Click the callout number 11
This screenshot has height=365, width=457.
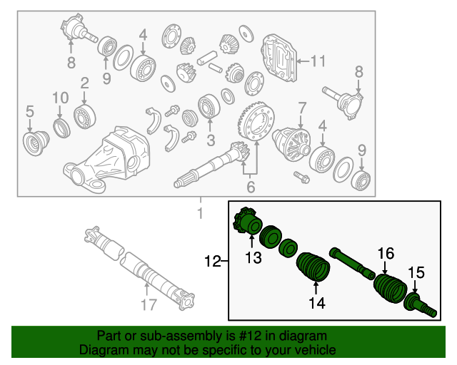tap(317, 61)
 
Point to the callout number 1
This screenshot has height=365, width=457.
tap(200, 214)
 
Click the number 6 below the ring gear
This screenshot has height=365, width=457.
tap(250, 187)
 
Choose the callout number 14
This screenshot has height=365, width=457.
tap(316, 303)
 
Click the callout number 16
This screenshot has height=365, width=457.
tap(386, 253)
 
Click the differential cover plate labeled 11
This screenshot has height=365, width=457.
tap(280, 60)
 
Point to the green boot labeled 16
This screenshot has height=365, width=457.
tap(388, 289)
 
